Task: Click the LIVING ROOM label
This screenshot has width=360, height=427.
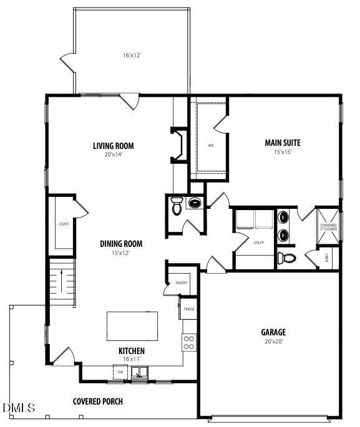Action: pyautogui.click(x=114, y=146)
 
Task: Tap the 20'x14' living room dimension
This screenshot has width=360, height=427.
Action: pyautogui.click(x=114, y=155)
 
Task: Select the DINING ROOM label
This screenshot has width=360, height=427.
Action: pyautogui.click(x=122, y=244)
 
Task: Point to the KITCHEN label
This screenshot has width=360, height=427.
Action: pyautogui.click(x=132, y=351)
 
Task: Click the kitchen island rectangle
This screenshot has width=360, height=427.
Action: pyautogui.click(x=132, y=325)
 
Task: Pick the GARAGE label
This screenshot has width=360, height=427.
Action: pyautogui.click(x=273, y=332)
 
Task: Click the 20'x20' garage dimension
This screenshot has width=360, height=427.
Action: pyautogui.click(x=273, y=341)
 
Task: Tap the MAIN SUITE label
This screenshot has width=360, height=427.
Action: pyautogui.click(x=283, y=143)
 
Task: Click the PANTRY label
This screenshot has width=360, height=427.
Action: pyautogui.click(x=182, y=283)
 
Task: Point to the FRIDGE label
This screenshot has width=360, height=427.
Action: pyautogui.click(x=188, y=309)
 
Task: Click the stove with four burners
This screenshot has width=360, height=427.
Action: pyautogui.click(x=188, y=342)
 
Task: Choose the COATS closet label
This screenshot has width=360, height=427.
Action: pyautogui.click(x=64, y=223)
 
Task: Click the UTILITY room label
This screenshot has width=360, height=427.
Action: pyautogui.click(x=259, y=242)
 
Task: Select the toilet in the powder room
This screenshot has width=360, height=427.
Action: pyautogui.click(x=177, y=207)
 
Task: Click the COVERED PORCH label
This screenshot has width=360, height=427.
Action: pyautogui.click(x=98, y=401)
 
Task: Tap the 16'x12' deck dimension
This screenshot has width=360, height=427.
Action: pyautogui.click(x=132, y=55)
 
